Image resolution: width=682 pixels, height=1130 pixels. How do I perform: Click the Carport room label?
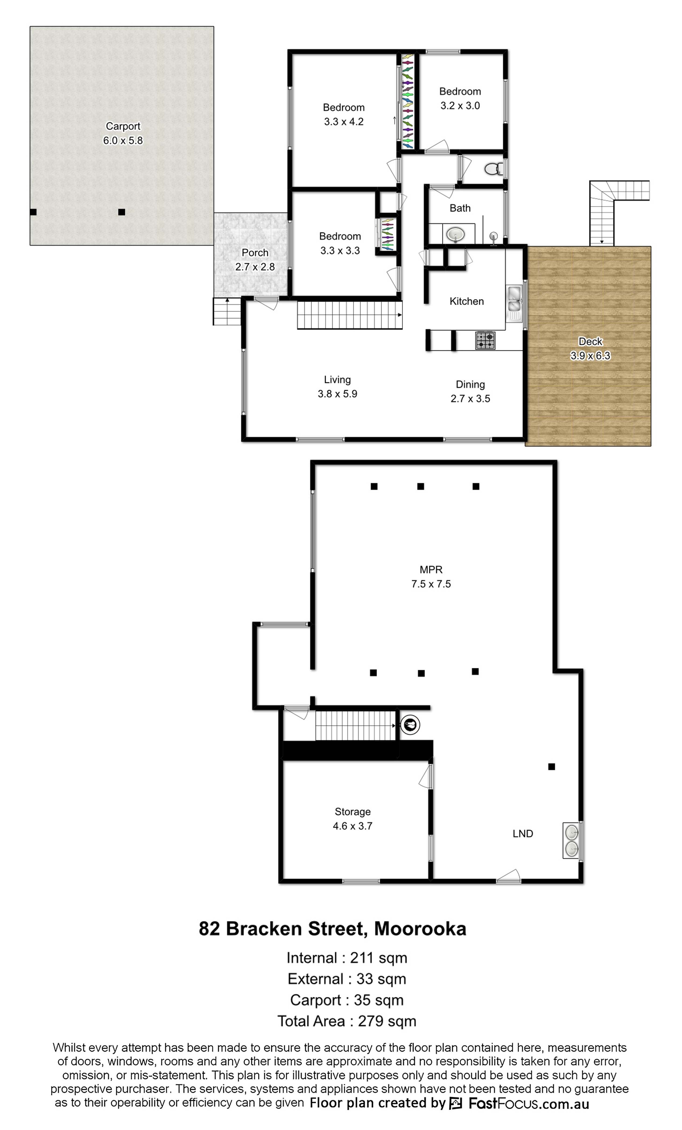click(123, 126)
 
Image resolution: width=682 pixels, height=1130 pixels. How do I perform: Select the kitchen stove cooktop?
click(485, 340)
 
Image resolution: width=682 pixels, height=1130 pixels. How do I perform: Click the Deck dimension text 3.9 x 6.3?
click(590, 355)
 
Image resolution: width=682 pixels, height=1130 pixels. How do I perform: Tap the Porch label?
click(255, 253)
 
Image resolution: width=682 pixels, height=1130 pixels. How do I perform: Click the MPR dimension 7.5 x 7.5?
click(431, 584)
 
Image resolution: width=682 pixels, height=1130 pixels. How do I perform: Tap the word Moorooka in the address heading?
click(420, 929)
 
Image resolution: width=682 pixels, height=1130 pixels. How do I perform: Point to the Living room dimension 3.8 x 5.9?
click(337, 393)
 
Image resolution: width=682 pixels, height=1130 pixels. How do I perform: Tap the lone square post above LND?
click(551, 766)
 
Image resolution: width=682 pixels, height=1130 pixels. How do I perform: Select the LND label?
click(523, 833)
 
